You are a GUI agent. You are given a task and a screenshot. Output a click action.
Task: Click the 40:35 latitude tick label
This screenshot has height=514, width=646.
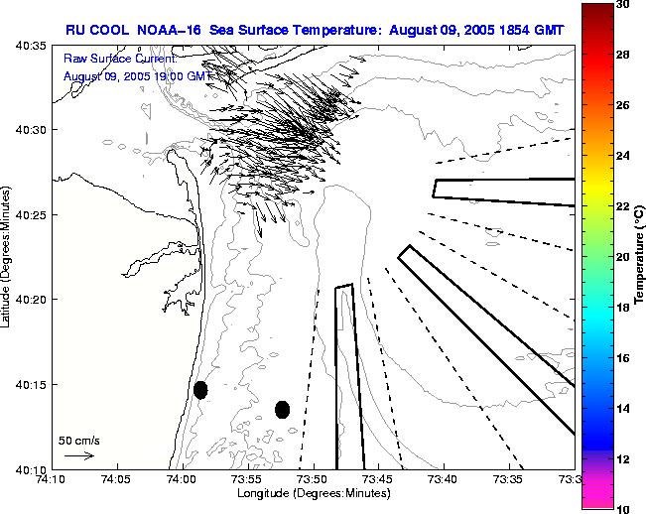33,46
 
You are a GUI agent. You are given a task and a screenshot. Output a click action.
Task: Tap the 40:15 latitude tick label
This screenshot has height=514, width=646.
33,385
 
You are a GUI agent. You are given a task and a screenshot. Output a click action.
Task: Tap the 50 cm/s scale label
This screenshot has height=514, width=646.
78,440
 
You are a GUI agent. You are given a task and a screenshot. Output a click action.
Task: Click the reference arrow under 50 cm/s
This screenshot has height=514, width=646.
79,455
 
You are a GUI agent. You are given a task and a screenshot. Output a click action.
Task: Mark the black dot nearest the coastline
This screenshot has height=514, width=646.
200,390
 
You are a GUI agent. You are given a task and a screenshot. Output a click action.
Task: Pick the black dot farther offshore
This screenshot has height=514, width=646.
282,409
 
